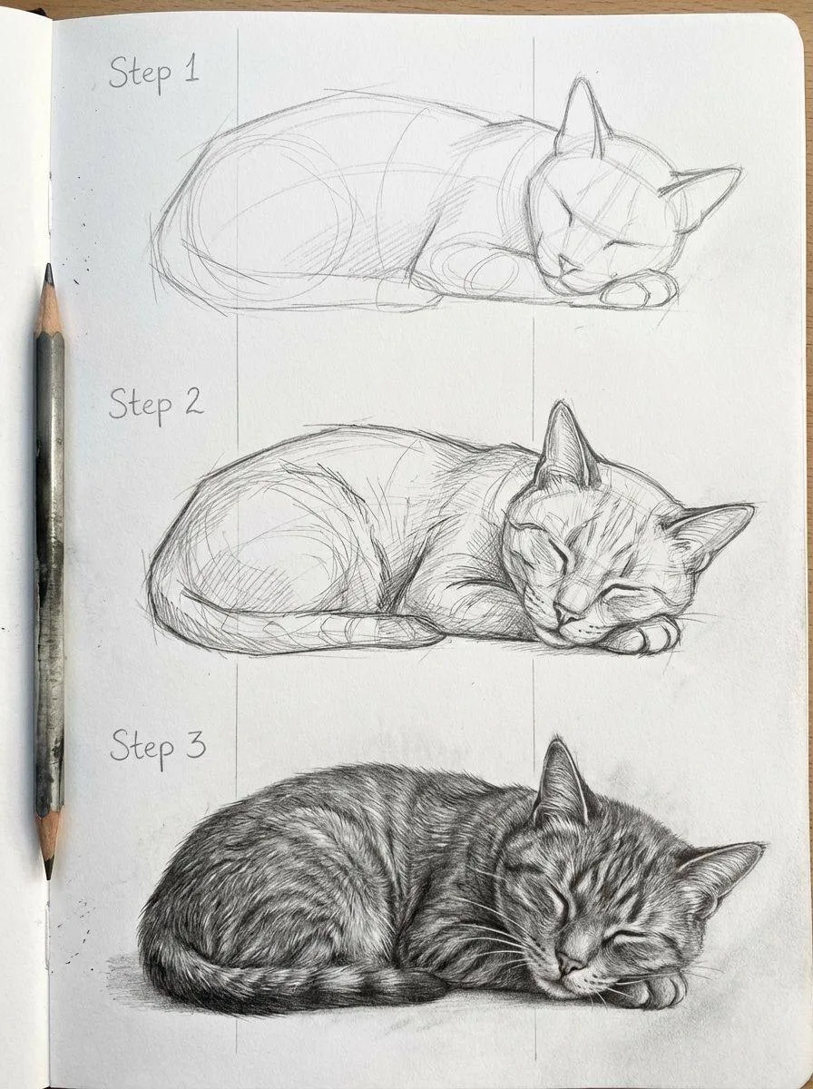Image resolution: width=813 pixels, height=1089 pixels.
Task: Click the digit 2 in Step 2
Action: click(x=193, y=402)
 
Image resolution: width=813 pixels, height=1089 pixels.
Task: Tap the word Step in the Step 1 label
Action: click(x=140, y=75)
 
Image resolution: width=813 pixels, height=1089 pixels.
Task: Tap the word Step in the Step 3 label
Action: click(x=142, y=749)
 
